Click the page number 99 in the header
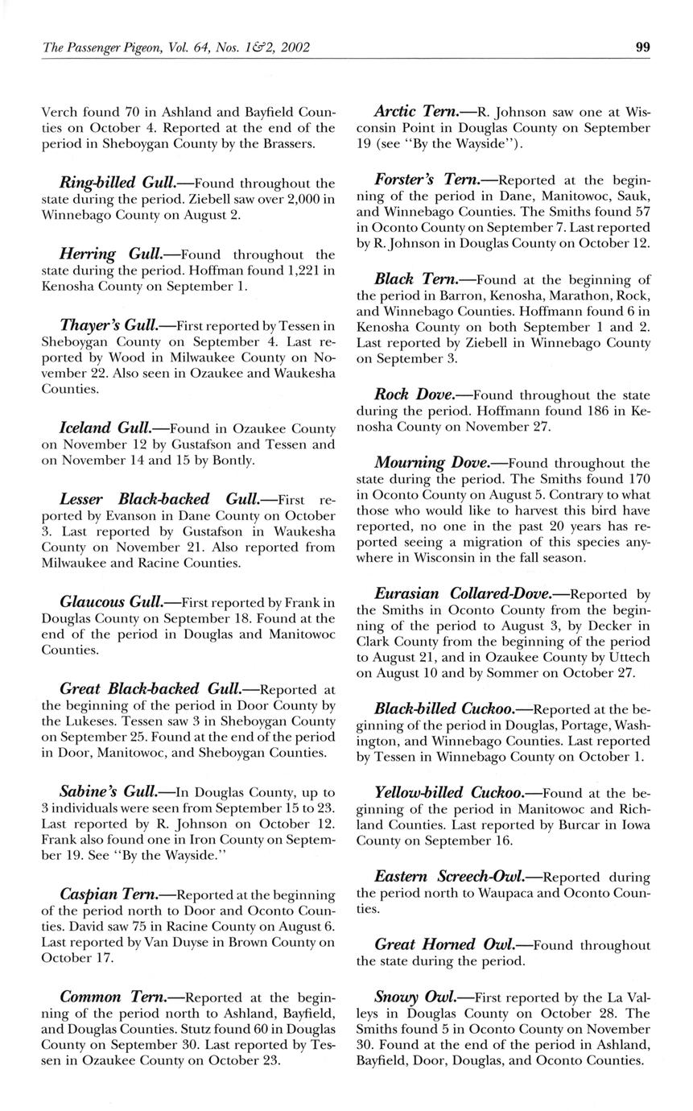coord(642,47)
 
